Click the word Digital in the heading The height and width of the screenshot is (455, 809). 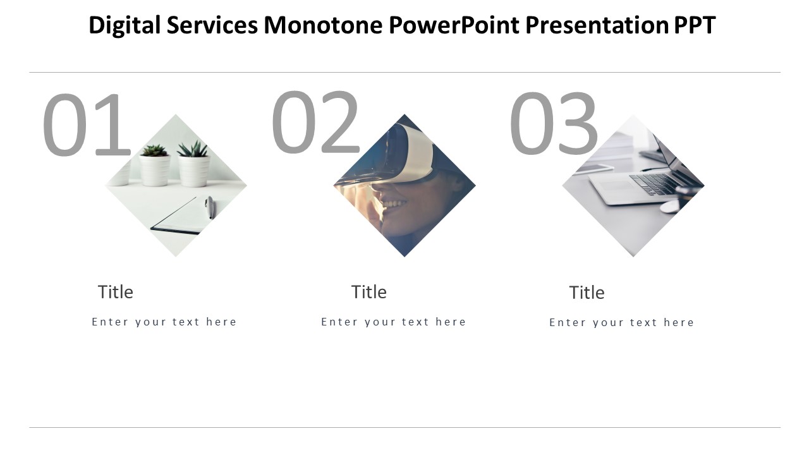tap(125, 25)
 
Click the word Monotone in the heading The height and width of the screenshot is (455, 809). tap(323, 25)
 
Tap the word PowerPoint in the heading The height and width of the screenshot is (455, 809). tap(454, 25)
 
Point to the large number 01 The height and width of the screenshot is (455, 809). tap(87, 124)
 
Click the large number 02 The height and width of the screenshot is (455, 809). tap(315, 122)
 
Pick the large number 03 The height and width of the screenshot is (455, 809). tap(553, 123)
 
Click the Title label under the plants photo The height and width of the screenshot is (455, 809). tap(116, 292)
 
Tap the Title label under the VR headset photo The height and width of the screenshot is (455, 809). tap(368, 292)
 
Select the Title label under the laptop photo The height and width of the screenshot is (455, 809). tap(587, 293)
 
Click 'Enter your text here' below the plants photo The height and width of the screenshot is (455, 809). tap(164, 322)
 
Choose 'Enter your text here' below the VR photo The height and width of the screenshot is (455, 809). tap(394, 322)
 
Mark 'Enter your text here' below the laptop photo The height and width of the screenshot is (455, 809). tap(621, 322)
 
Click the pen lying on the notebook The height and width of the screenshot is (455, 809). tap(209, 207)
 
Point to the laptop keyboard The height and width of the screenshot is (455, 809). tap(654, 184)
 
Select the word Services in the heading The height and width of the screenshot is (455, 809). tap(212, 25)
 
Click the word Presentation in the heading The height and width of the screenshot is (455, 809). tap(597, 25)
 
